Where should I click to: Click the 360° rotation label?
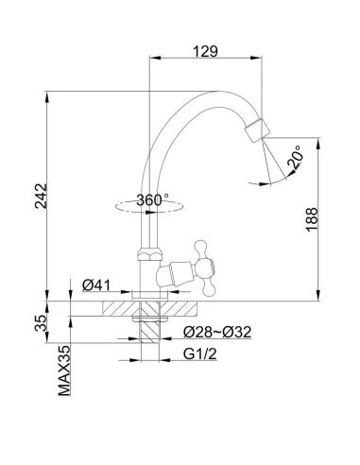152,199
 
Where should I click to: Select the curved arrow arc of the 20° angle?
274,175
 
